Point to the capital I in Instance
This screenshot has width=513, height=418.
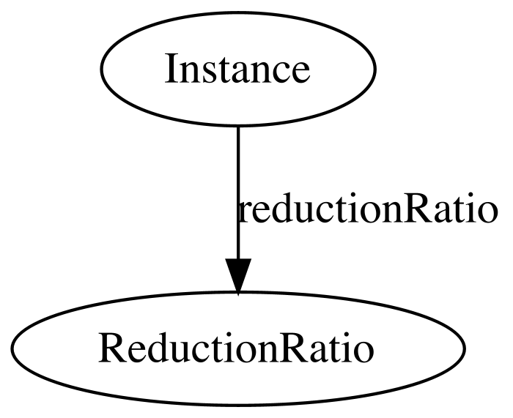[x=171, y=69]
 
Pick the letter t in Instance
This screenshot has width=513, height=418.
[x=223, y=70]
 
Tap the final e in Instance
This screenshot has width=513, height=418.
[x=300, y=73]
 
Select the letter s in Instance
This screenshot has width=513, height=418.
[x=208, y=73]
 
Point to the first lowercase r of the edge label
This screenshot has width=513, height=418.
[x=246, y=214]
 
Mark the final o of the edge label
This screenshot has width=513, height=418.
[x=488, y=214]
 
